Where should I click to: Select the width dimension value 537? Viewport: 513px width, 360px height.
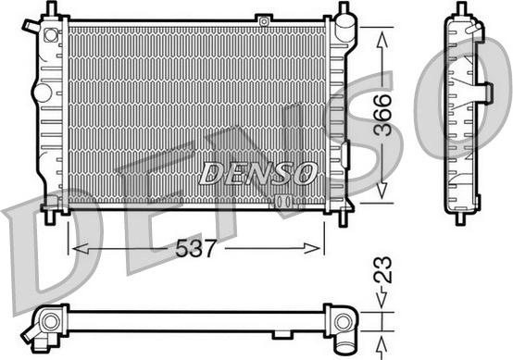tap(197, 247)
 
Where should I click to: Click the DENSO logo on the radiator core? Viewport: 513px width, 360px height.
tap(258, 172)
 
